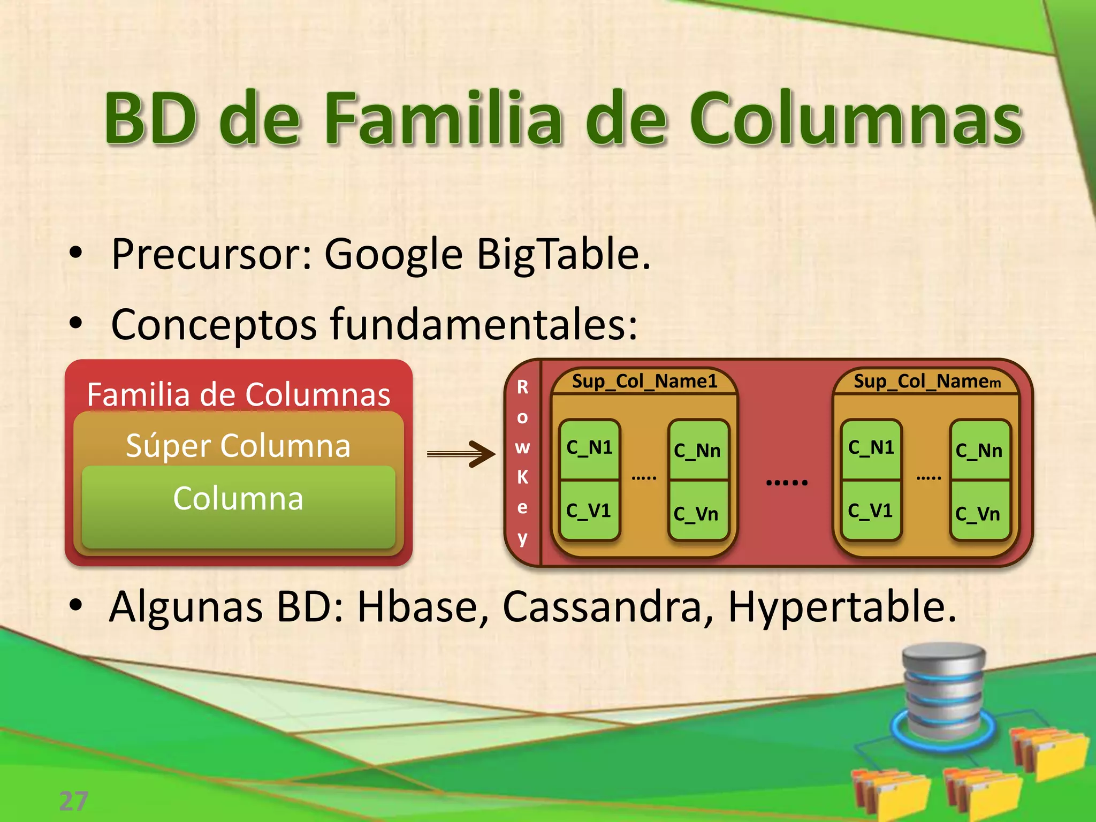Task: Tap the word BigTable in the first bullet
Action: click(563, 254)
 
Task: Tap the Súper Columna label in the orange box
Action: click(238, 446)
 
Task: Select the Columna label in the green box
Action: click(238, 499)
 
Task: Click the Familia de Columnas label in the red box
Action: click(238, 395)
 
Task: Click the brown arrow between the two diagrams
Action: click(461, 454)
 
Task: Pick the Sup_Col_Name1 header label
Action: click(644, 382)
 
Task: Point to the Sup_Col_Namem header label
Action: click(926, 382)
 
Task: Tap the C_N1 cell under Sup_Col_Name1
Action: click(589, 447)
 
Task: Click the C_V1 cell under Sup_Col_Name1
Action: click(589, 511)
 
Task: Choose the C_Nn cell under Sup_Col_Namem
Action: click(979, 451)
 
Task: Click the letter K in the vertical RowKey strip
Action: click(522, 477)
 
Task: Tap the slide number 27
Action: click(73, 801)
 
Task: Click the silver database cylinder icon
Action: click(944, 690)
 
